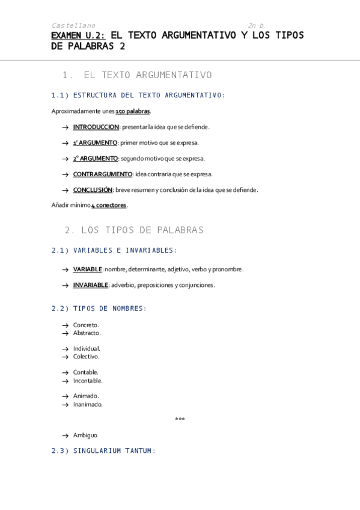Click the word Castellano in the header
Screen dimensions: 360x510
[73, 25]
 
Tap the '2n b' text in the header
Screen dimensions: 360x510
[255, 25]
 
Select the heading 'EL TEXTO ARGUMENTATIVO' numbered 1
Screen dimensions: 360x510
[147, 75]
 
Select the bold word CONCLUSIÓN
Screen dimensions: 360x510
[93, 189]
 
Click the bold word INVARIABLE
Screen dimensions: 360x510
[91, 284]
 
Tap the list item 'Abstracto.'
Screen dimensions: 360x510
[87, 333]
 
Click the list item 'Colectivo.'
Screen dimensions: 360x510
[87, 357]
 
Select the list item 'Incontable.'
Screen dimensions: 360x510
[88, 381]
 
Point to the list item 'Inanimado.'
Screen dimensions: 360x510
[88, 405]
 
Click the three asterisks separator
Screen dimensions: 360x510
[180, 419]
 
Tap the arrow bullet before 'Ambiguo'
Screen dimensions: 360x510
[64, 435]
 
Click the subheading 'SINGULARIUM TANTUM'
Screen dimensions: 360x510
[113, 450]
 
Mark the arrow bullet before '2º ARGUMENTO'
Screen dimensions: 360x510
[64, 159]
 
